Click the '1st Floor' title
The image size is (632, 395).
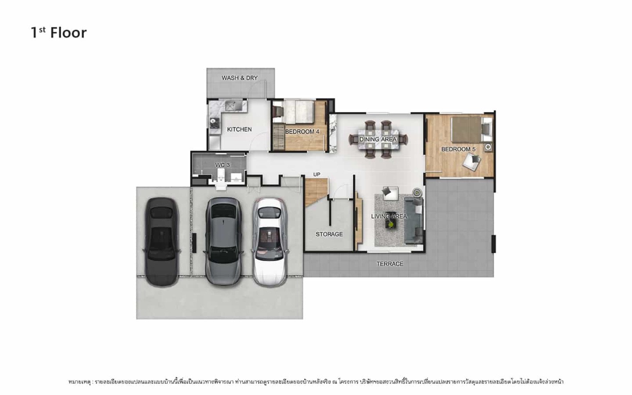(59, 32)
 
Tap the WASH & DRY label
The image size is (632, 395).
(239, 78)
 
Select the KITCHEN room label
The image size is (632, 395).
(239, 129)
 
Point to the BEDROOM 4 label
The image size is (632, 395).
(302, 132)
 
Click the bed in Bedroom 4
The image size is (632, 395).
(299, 112)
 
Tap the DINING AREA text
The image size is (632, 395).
(378, 139)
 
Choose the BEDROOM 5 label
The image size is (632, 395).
(458, 149)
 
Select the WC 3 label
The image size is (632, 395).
(222, 165)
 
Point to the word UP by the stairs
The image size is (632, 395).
(316, 174)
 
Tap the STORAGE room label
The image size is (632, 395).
(329, 234)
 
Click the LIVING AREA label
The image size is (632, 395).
(389, 216)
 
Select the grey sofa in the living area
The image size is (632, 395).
(414, 221)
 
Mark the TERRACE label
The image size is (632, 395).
(389, 264)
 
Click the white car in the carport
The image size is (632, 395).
(270, 242)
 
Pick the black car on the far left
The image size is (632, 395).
(162, 242)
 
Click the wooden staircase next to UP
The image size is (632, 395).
(316, 192)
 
